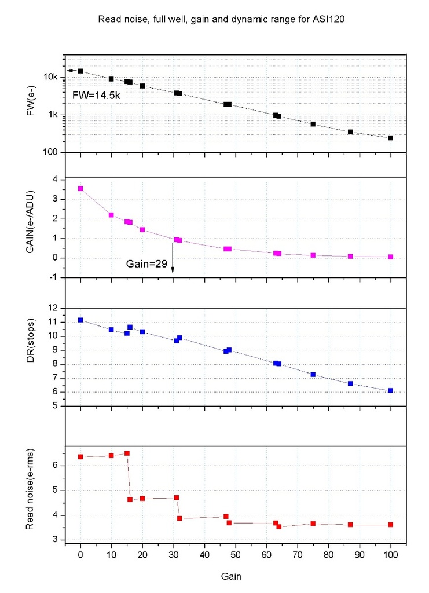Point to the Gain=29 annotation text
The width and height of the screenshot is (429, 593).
click(146, 263)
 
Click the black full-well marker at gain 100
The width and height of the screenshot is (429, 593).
click(391, 138)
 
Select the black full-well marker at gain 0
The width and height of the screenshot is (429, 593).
click(80, 71)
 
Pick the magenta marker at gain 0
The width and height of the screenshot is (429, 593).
click(80, 188)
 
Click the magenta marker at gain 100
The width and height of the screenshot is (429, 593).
click(391, 257)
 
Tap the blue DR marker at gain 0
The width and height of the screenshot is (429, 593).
click(80, 320)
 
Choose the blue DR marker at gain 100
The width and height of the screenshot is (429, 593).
click(391, 390)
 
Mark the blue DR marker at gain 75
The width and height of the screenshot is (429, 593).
click(313, 374)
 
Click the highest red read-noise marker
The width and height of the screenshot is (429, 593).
click(127, 453)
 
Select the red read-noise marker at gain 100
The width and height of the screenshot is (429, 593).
click(391, 525)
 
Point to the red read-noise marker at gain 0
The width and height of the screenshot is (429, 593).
click(80, 457)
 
